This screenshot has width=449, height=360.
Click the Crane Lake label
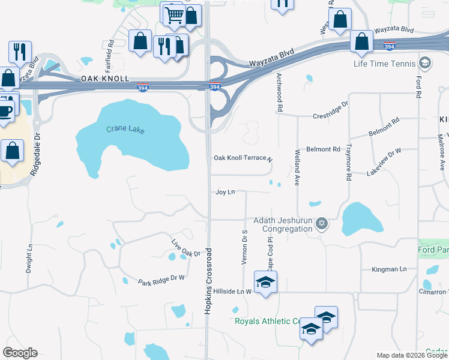(x=126, y=129)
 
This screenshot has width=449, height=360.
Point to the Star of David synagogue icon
(x=322, y=224)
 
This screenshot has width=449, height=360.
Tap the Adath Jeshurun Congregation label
(x=283, y=224)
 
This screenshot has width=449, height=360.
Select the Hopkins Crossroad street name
(x=209, y=280)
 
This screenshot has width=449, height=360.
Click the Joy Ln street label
(x=224, y=192)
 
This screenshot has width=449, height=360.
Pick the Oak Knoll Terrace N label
(x=243, y=158)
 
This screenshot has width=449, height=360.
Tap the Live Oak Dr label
(x=185, y=249)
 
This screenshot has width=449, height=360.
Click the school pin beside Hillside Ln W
(x=265, y=282)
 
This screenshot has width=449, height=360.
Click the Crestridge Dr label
(x=330, y=115)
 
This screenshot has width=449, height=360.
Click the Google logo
(x=20, y=353)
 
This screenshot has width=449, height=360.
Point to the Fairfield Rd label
(x=110, y=52)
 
